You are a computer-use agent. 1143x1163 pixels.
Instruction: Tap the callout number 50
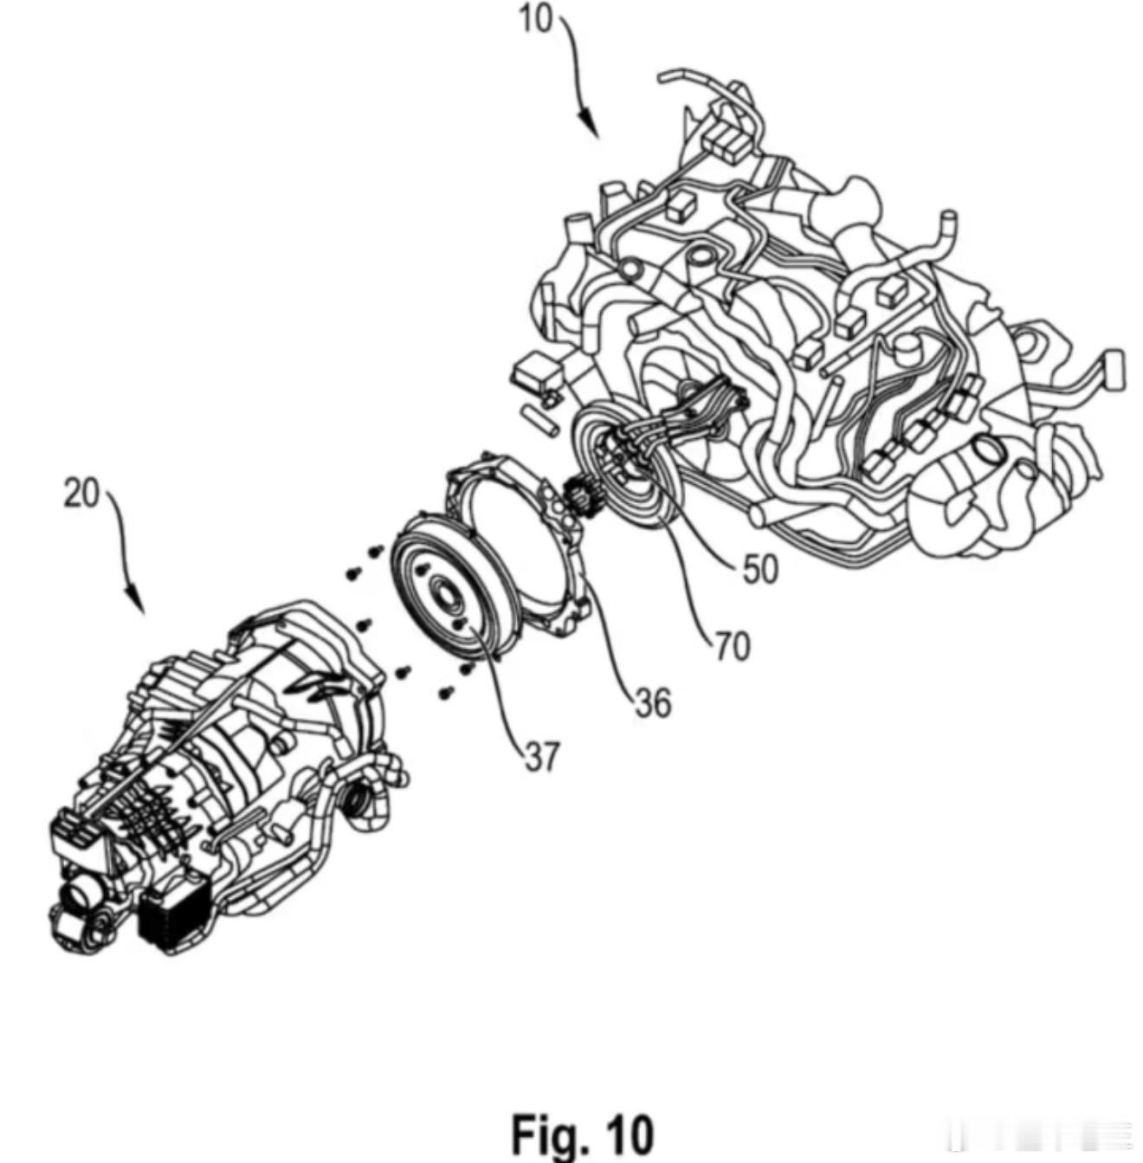[x=760, y=569]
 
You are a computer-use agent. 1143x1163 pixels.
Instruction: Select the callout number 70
[x=732, y=646]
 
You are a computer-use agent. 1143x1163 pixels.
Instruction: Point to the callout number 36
[x=652, y=703]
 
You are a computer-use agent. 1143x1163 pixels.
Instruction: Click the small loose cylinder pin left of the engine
[x=542, y=420]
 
